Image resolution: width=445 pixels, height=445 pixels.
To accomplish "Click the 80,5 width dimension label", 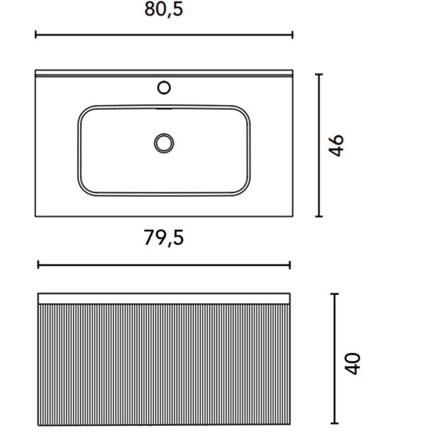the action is [164, 10].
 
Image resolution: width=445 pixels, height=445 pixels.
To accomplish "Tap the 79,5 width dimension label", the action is [164, 238].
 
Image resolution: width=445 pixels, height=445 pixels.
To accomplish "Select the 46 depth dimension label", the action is [336, 146].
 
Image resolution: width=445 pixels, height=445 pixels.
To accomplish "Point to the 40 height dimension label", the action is [352, 364].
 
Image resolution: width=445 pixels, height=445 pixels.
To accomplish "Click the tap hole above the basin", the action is [164, 88].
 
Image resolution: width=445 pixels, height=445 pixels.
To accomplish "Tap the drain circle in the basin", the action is [164, 143].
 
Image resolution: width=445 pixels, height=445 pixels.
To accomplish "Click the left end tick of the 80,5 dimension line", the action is [36, 35].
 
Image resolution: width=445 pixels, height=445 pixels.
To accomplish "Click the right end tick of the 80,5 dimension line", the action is [292, 35].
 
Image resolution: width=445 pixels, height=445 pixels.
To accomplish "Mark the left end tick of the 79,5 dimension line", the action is [38, 265].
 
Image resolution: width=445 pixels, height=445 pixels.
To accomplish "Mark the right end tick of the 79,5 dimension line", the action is [290, 265].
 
